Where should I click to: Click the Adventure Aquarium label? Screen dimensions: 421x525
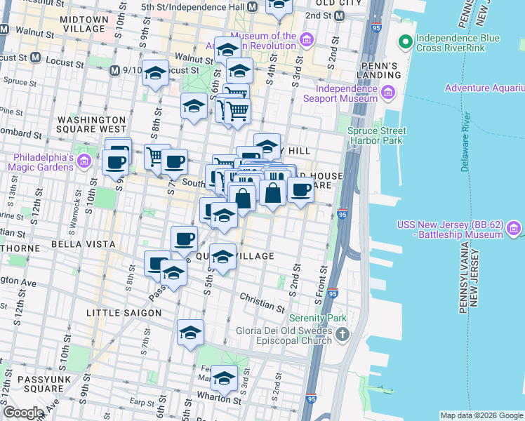(484, 88)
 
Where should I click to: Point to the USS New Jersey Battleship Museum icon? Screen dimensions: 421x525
(514, 229)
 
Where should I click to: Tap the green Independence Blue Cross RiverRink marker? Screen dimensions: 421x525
(405, 44)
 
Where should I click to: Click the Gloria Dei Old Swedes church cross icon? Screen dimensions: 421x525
(342, 334)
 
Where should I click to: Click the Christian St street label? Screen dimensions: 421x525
(262, 303)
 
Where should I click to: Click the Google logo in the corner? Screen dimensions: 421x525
(23, 413)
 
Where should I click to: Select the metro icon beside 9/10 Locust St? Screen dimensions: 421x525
(115, 70)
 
